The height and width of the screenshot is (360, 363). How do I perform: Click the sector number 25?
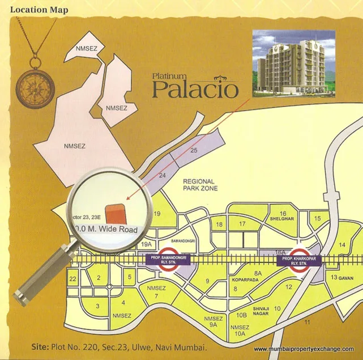194,151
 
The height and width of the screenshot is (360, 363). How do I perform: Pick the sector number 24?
163,176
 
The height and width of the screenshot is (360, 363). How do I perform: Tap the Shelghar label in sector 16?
283,219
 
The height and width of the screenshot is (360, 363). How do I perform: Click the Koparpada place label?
245,280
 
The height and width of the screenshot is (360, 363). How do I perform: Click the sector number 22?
73,279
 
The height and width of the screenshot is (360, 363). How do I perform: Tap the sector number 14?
342,244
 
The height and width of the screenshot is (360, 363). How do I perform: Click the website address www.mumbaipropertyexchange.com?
304,349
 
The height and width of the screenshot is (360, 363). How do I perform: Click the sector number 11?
308,322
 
